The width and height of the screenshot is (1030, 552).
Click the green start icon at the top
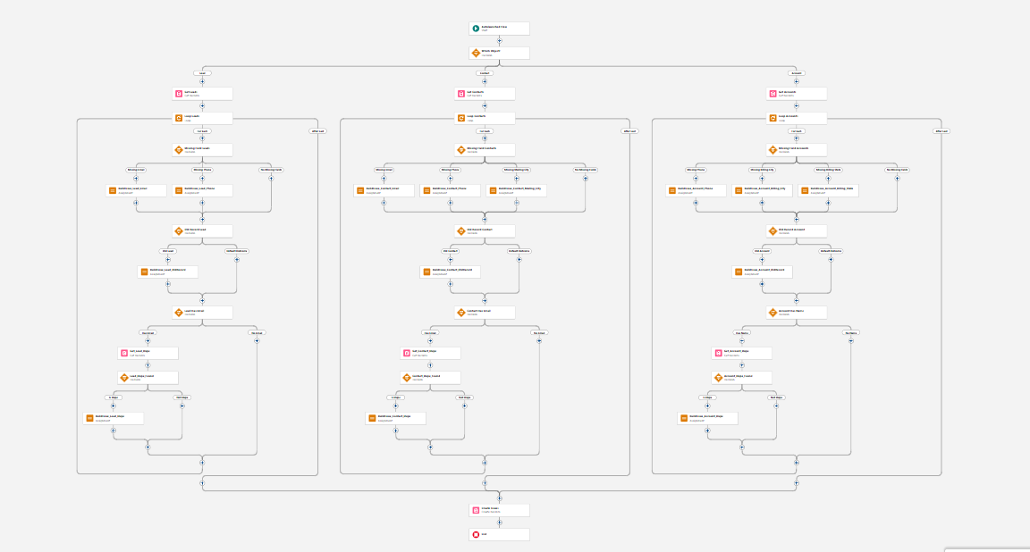click(476, 29)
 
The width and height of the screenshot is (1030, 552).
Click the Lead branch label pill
click(202, 73)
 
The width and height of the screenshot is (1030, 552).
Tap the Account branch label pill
click(796, 73)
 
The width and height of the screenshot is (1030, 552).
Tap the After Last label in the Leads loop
click(317, 131)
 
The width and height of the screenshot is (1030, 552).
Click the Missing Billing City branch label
click(762, 169)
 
